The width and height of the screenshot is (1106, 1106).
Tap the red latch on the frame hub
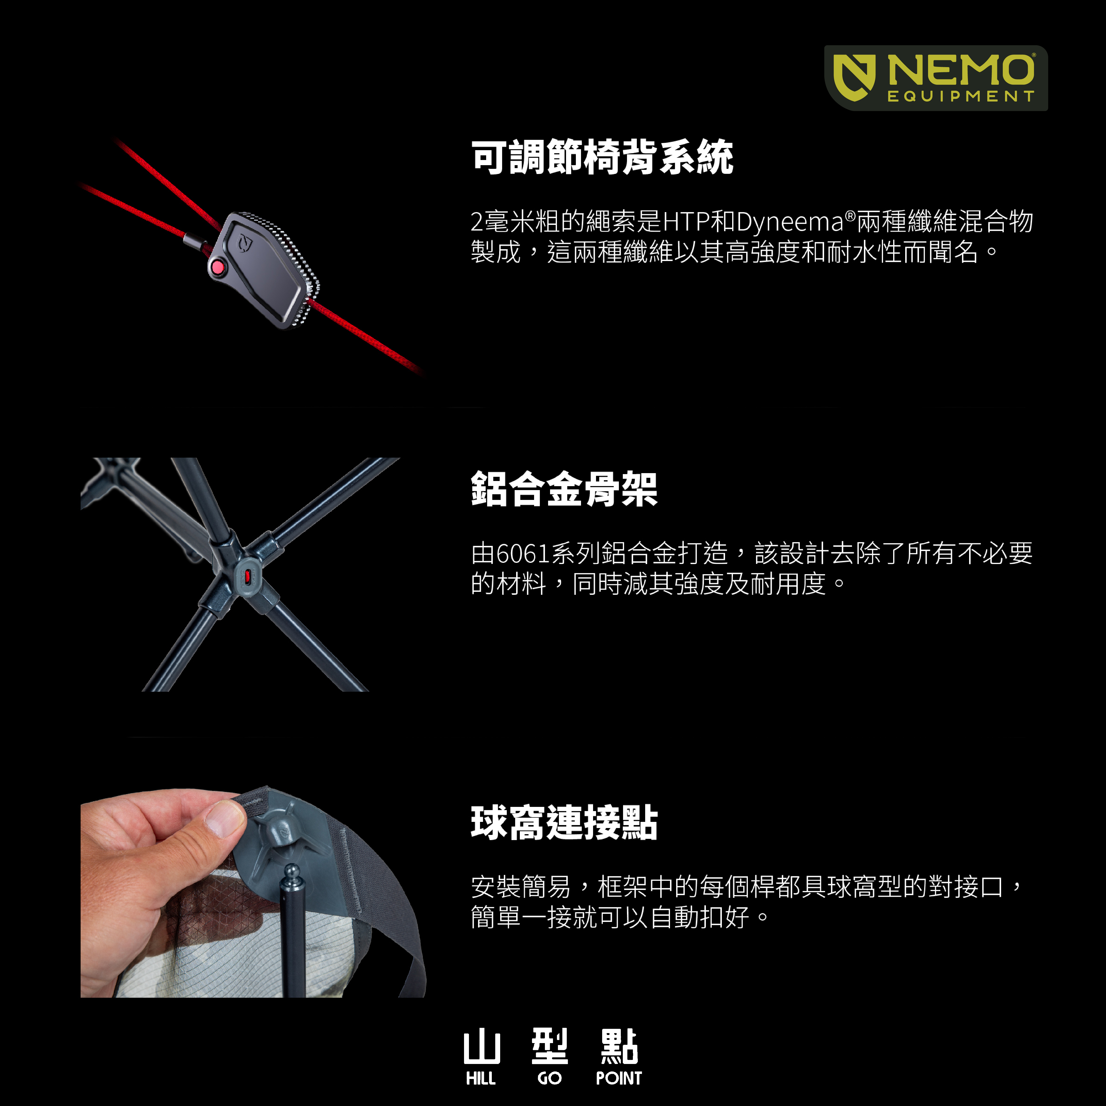tap(247, 577)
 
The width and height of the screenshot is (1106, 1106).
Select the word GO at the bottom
tap(550, 1078)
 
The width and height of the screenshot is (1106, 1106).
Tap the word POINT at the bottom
tap(619, 1078)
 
